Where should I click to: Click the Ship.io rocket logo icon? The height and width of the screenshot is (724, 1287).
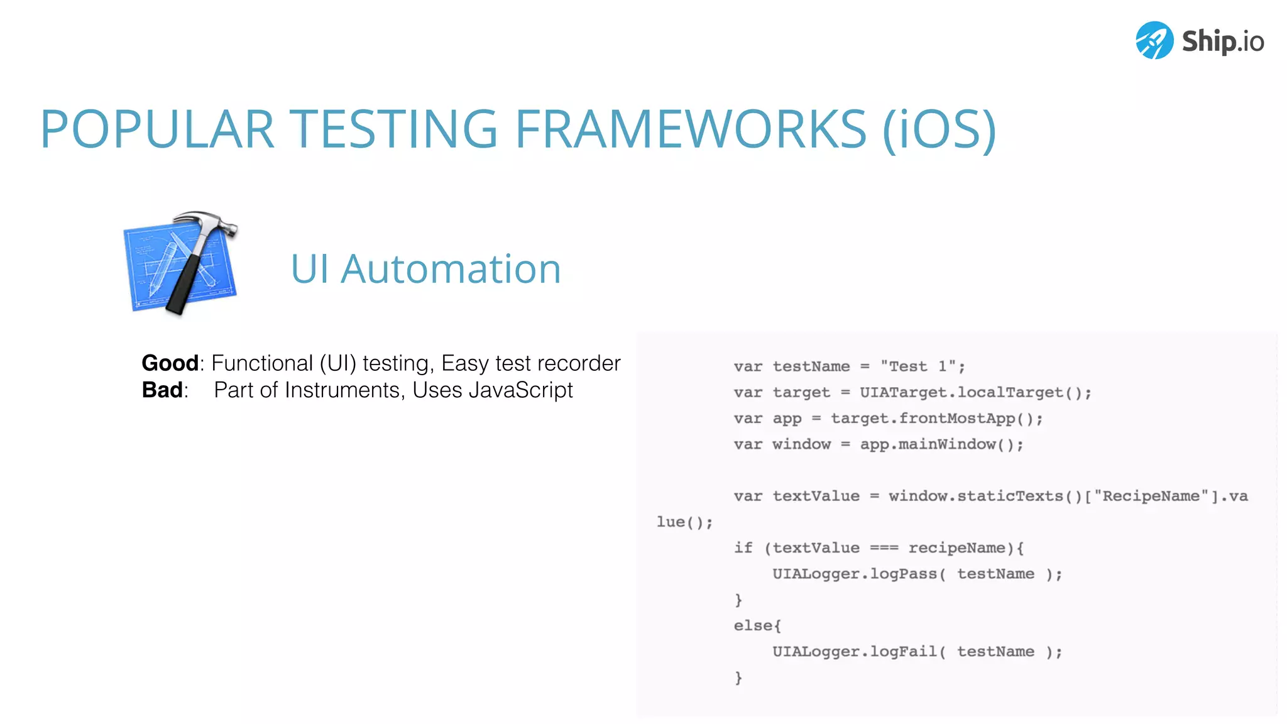[x=1154, y=40]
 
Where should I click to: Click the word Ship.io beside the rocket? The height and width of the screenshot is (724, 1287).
[x=1223, y=41]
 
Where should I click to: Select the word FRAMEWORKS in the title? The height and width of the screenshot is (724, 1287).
[x=691, y=129]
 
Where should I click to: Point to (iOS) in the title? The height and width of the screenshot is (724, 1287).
[x=939, y=129]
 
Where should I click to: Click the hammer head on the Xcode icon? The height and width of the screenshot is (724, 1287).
[x=207, y=223]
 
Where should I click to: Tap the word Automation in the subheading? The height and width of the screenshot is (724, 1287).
[x=451, y=269]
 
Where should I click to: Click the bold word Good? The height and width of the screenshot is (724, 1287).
[x=170, y=363]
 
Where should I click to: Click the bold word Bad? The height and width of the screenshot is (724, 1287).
[x=162, y=390]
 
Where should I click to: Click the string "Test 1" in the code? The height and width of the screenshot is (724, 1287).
[x=918, y=366]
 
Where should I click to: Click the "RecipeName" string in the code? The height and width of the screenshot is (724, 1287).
[x=1151, y=496]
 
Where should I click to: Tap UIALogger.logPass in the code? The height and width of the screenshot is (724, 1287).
[x=855, y=574]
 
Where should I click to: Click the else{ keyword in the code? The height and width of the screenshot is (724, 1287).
[x=757, y=626]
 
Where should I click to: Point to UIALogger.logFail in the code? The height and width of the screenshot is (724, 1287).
[x=855, y=652]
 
